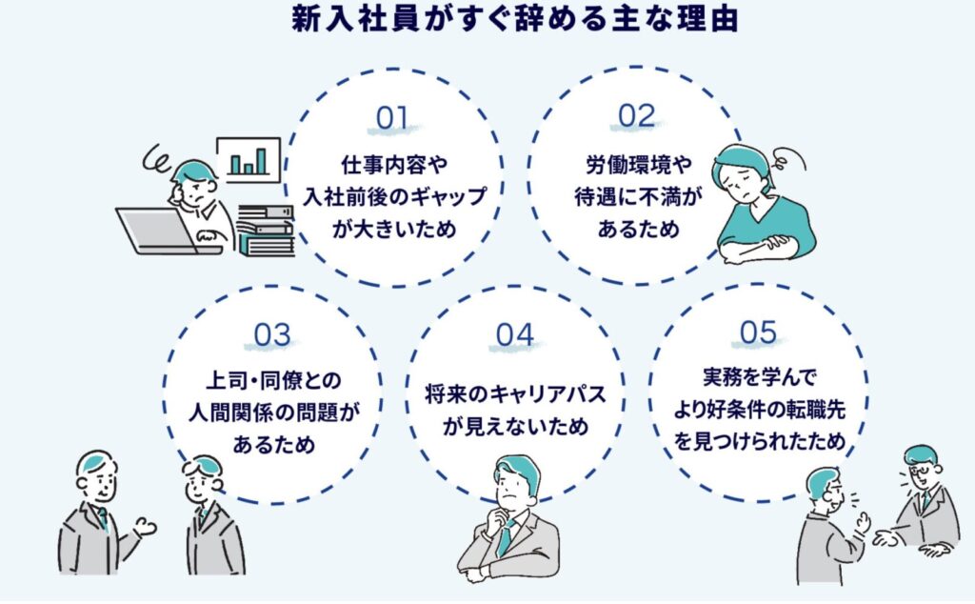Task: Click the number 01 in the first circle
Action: coord(392,118)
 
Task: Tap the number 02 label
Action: coord(636,115)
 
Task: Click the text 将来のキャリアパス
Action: coord(515,392)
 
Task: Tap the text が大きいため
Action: coord(392,230)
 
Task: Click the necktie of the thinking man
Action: coord(503,537)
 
